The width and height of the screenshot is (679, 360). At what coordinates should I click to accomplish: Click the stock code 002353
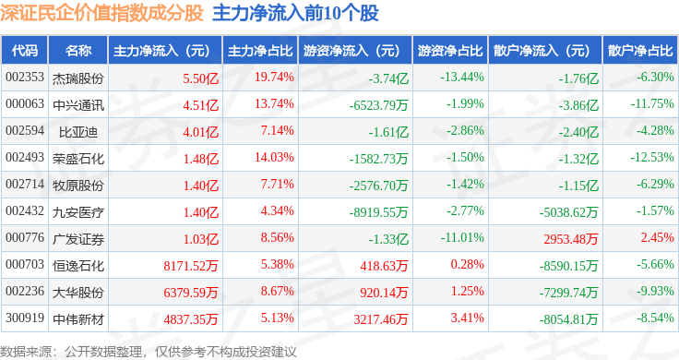[x=25, y=78]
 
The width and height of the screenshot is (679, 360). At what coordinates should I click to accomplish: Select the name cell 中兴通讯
[x=78, y=105]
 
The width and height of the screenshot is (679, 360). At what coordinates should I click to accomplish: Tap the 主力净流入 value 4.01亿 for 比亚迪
[x=201, y=132]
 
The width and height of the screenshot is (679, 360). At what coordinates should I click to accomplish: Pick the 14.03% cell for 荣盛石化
[x=274, y=157]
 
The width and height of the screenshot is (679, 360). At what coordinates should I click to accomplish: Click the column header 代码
[x=25, y=51]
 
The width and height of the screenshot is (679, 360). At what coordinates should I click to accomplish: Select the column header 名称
[x=78, y=51]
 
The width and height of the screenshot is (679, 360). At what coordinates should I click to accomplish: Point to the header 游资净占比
[x=450, y=51]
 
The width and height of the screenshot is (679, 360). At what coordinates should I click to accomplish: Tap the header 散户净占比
[x=640, y=51]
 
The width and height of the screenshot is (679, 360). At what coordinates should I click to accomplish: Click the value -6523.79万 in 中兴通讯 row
[x=379, y=105]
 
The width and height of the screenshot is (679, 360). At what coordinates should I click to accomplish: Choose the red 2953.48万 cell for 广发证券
[x=571, y=239]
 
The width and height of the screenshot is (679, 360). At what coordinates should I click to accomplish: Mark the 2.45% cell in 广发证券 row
[x=658, y=237]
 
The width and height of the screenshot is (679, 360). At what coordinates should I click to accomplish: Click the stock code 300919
[x=25, y=318]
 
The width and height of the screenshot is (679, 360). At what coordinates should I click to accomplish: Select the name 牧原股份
[x=78, y=186]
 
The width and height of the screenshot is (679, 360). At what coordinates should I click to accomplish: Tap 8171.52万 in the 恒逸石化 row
[x=191, y=266]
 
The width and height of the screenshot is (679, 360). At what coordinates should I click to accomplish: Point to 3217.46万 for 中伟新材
[x=381, y=319]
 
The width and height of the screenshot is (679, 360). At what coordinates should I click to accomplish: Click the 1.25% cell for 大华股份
[x=467, y=291]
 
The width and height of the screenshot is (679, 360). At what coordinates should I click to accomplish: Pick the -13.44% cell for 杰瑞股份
[x=462, y=78]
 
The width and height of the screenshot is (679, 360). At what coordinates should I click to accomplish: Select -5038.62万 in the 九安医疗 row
[x=568, y=212]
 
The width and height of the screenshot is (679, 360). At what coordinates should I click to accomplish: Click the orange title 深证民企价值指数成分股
[x=101, y=13]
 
